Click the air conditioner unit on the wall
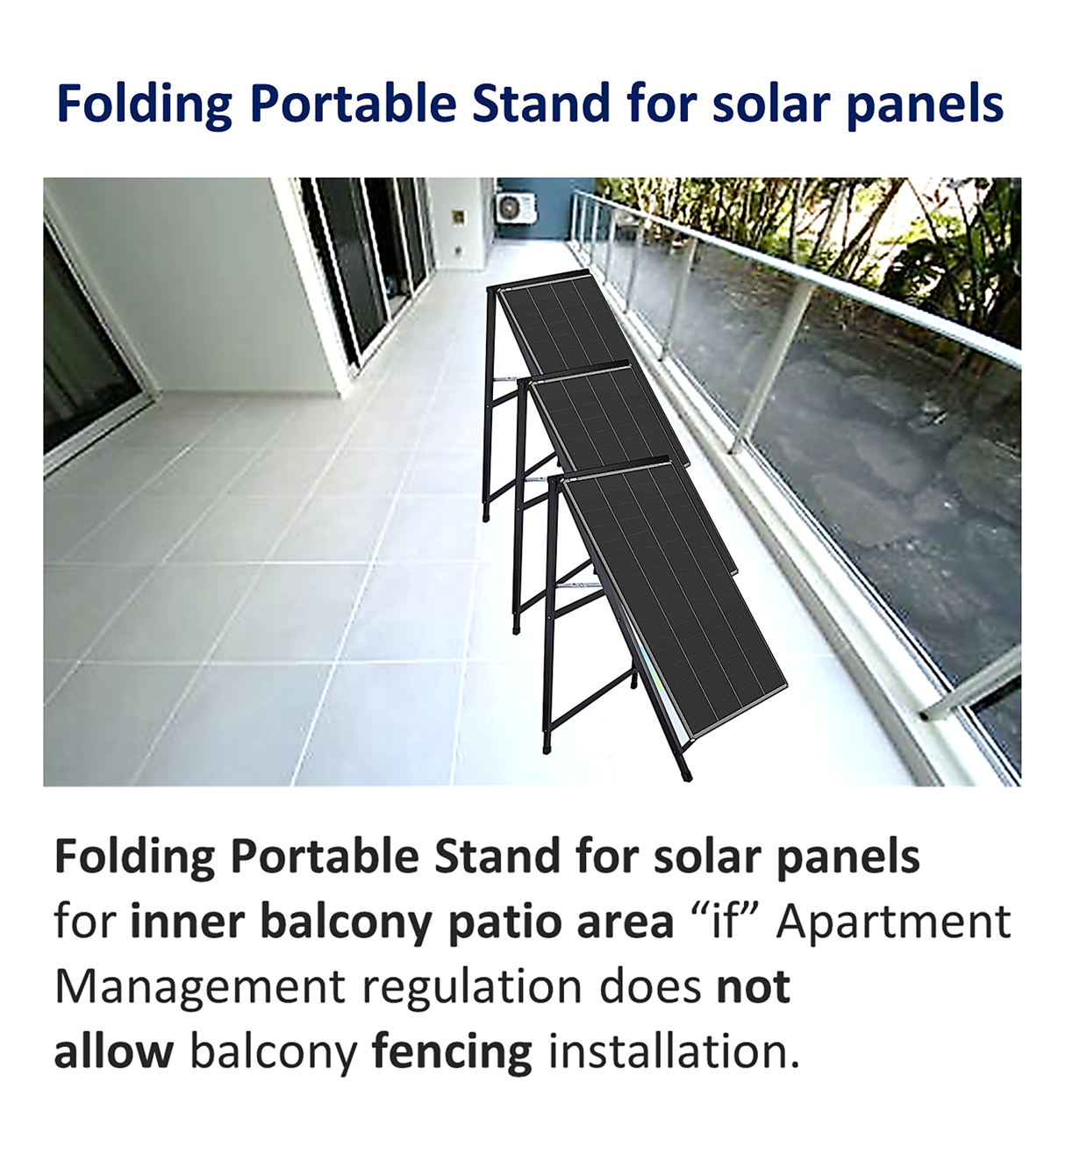515,209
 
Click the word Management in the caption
200,988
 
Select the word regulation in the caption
472,988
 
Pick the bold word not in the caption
753,986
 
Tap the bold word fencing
452,1053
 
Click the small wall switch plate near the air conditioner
459,217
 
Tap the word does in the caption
649,986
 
